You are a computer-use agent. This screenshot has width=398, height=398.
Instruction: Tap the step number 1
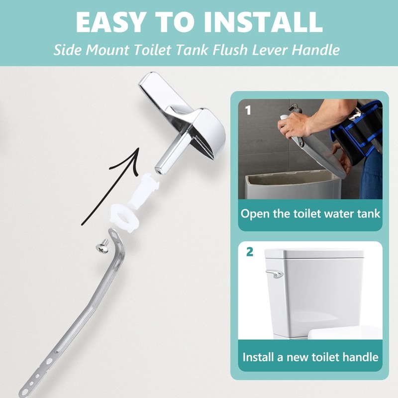[248, 109]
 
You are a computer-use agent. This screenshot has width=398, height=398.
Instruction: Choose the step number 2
[250, 252]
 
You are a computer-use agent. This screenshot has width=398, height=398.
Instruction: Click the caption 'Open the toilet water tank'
[310, 214]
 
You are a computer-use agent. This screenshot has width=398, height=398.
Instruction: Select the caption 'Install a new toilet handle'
[310, 357]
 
